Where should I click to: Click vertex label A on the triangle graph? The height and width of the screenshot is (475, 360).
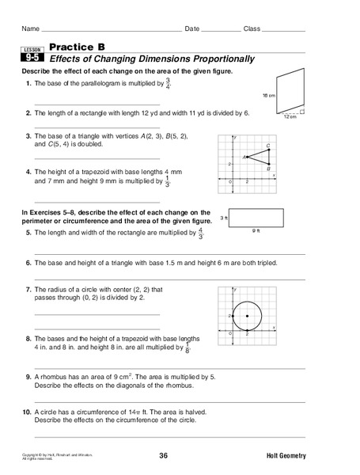tap(244, 157)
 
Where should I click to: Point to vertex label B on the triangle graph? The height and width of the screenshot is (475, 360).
tap(269, 168)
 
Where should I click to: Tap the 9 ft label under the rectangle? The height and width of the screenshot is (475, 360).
tap(255, 230)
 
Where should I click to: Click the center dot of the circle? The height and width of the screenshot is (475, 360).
tap(248, 316)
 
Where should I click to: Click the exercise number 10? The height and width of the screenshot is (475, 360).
tap(27, 412)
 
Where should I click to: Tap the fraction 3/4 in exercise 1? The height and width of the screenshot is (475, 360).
tap(168, 83)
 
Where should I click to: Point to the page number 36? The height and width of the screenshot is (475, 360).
tap(163, 457)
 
